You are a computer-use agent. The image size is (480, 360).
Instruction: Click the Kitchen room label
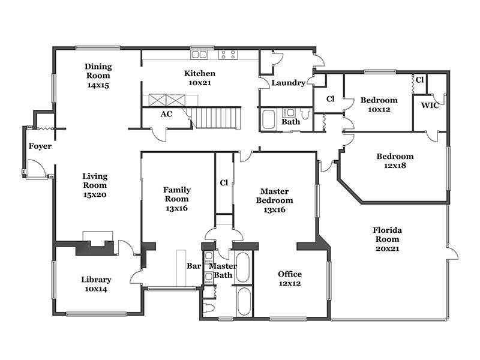tap(200, 73)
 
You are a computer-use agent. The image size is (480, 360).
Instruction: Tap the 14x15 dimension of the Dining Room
tap(98, 85)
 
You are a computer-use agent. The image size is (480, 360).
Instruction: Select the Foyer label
tap(40, 146)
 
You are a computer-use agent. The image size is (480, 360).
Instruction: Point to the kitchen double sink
tap(199, 55)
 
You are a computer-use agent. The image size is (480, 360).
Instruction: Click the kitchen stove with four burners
tap(228, 55)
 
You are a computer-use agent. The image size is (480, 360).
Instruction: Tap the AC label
tap(166, 114)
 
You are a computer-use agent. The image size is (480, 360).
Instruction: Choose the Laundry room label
tap(288, 83)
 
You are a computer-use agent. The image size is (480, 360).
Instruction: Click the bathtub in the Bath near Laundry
tap(269, 119)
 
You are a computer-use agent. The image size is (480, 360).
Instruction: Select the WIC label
tap(430, 106)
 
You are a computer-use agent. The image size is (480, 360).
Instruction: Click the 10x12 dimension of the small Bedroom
tap(379, 110)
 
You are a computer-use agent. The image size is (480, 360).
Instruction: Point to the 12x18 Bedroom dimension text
tap(395, 166)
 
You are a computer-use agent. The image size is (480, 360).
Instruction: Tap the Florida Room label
tap(387, 235)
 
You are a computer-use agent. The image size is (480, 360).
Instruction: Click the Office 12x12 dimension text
tap(290, 283)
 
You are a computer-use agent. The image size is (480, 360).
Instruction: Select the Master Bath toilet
tap(209, 307)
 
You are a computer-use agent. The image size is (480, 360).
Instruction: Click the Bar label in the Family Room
tap(194, 266)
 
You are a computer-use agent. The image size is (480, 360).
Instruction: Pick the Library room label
tap(96, 280)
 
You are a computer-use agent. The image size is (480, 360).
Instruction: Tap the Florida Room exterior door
tap(452, 253)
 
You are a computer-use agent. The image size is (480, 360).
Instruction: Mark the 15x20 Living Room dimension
tap(95, 194)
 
